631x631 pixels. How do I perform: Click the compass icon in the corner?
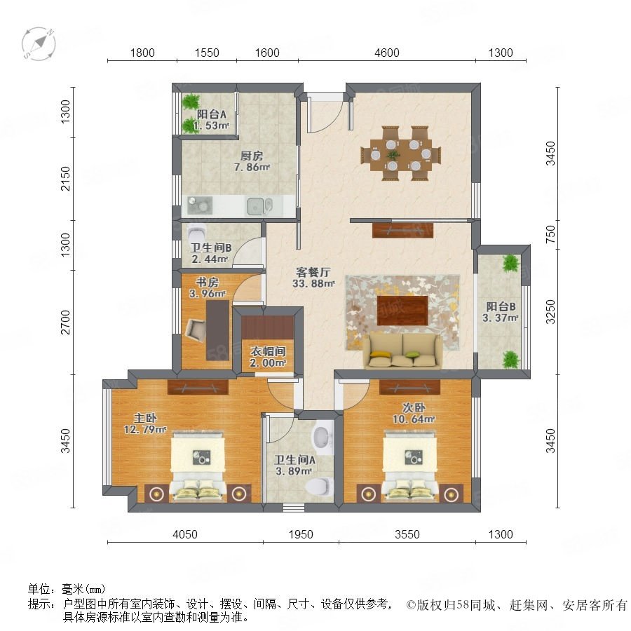39,43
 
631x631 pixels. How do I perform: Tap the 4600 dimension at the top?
387,53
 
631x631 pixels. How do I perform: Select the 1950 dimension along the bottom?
301,534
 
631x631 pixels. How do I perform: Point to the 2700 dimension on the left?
65,323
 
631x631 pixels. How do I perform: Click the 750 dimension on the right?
550,233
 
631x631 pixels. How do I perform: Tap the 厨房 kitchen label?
252,156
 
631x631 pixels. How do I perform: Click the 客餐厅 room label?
313,273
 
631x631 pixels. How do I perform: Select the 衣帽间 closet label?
268,351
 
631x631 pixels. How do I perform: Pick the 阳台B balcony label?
501,306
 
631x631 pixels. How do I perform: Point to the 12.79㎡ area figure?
145,429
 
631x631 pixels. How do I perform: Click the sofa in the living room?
402,351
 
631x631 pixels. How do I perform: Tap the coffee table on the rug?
402,311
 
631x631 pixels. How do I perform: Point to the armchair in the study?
196,331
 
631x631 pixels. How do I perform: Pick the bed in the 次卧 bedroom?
409,466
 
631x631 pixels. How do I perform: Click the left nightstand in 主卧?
156,493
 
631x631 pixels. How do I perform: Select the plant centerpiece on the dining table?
393,154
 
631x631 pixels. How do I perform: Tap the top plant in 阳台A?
190,102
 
